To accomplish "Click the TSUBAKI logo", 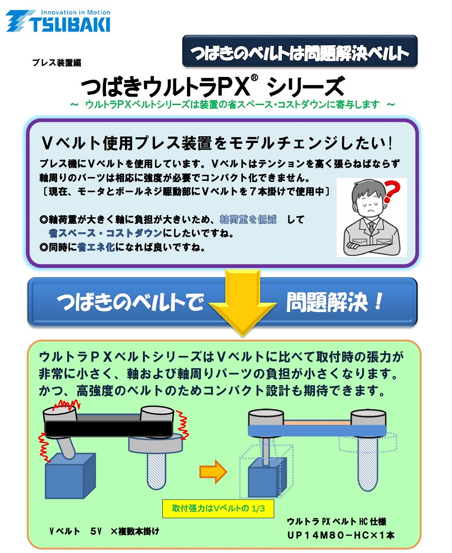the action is tap(58, 21).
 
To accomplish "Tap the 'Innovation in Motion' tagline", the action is tap(75, 13).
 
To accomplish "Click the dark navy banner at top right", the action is tap(300, 51).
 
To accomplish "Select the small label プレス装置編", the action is tap(57, 63).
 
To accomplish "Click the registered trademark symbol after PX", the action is tap(255, 78).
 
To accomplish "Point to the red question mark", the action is tap(392, 192).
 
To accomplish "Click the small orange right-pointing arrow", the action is tap(213, 472).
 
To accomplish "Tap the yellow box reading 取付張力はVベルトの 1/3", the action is tap(218, 508).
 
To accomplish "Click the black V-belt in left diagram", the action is tap(109, 428).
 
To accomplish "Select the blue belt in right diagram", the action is tap(317, 430).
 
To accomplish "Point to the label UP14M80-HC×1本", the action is tap(341, 535).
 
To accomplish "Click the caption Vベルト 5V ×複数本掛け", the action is tap(104, 531).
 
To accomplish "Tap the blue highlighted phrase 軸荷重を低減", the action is tap(248, 219).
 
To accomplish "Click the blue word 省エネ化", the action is tap(96, 247).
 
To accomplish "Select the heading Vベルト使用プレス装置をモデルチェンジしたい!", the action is tap(217, 143).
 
